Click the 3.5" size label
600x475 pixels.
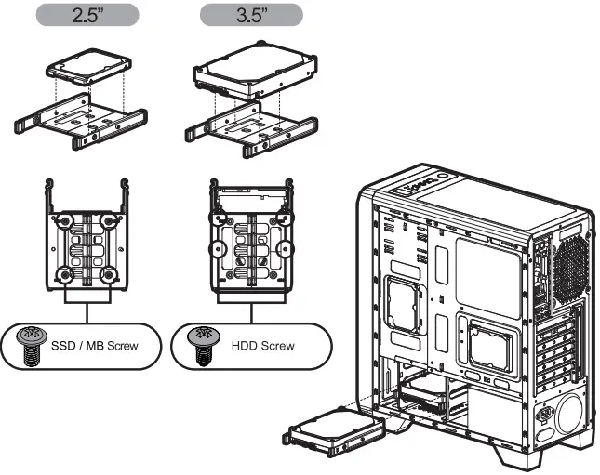(250, 16)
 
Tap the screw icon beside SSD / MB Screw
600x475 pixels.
(30, 345)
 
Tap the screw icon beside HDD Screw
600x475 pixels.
(197, 344)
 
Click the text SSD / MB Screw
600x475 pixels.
(94, 346)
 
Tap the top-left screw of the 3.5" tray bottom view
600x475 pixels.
(219, 221)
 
